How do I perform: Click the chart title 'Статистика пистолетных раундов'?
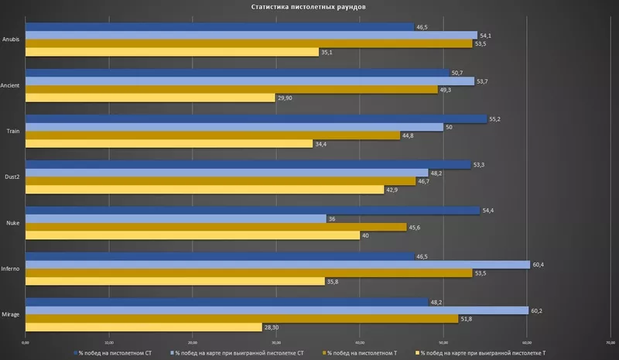309,7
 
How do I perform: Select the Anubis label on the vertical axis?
12,39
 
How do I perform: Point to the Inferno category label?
11,268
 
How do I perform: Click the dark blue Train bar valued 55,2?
256,118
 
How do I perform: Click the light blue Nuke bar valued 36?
176,218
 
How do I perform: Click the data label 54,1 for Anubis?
487,35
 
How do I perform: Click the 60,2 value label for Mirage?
536,310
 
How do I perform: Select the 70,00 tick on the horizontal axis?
610,341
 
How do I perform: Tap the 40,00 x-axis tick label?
360,341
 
